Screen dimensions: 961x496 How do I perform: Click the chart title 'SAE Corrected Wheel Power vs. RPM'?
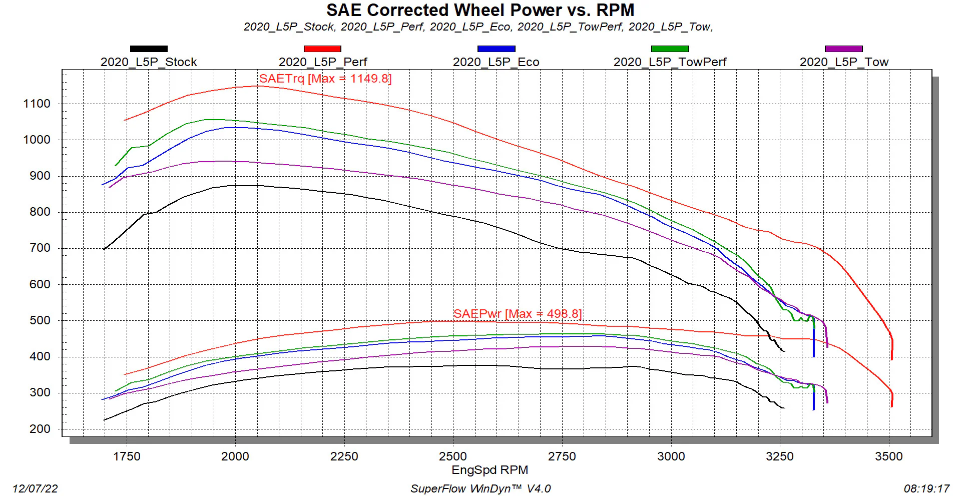(x=480, y=10)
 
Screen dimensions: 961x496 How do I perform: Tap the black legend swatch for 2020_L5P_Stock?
(x=149, y=49)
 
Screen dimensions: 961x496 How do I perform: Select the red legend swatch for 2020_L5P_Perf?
(x=322, y=49)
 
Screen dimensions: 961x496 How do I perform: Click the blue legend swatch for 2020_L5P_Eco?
(x=496, y=49)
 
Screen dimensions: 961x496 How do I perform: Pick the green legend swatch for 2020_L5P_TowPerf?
(x=670, y=49)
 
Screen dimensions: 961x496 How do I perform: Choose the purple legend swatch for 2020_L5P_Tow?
(x=843, y=49)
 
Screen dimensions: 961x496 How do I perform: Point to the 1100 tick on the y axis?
(x=37, y=104)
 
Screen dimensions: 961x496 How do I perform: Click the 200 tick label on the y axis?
(x=40, y=429)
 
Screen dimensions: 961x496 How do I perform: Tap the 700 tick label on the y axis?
(x=40, y=248)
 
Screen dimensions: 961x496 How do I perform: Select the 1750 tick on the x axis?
(x=127, y=456)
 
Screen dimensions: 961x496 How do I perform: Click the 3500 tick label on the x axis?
(x=889, y=456)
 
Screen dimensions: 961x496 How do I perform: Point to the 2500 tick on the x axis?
(x=453, y=456)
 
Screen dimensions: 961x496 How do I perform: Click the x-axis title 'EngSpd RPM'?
(x=490, y=470)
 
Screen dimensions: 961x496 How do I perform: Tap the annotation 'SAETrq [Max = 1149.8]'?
(x=325, y=79)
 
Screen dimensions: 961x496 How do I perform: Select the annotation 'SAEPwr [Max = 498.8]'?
(x=518, y=314)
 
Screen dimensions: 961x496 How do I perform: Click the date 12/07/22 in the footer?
(x=35, y=488)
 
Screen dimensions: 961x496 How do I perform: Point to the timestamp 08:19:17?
(x=926, y=488)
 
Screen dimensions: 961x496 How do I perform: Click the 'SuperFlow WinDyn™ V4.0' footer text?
(x=480, y=488)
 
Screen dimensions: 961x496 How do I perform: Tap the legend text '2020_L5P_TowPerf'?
(x=670, y=62)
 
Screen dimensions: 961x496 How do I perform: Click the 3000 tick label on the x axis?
(x=671, y=456)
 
